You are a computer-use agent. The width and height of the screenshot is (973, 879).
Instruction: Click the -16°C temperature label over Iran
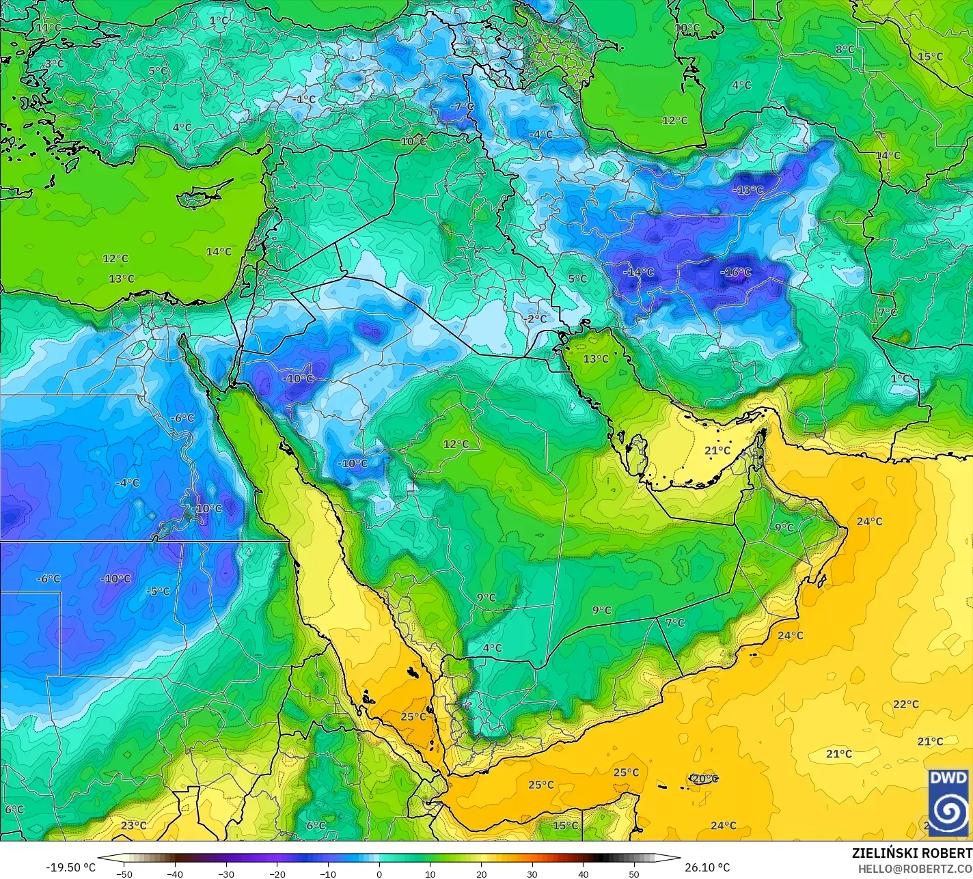coord(735,273)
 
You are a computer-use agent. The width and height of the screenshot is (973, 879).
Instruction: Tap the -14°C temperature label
coord(638,272)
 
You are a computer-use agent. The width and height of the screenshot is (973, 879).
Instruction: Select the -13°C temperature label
coord(748,190)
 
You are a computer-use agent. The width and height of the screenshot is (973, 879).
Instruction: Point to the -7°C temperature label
coord(462,107)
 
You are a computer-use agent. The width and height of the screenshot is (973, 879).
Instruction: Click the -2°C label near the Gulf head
coord(535,319)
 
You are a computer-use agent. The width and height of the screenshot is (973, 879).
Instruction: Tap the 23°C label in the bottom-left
coord(133,825)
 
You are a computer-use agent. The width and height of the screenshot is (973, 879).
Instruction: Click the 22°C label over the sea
coord(906,704)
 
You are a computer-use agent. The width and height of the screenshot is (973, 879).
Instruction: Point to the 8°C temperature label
coord(845,49)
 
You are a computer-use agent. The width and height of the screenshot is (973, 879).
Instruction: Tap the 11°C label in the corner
coord(49,27)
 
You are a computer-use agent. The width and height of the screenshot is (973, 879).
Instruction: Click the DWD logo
coord(948,802)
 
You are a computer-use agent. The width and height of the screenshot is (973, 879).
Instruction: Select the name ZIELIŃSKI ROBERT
coord(912,854)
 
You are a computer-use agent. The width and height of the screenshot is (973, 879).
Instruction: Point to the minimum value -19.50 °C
coord(70,867)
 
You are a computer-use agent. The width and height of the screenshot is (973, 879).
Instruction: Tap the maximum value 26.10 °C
coord(708,867)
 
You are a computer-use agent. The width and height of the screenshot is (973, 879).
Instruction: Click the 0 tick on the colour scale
coord(379,874)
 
